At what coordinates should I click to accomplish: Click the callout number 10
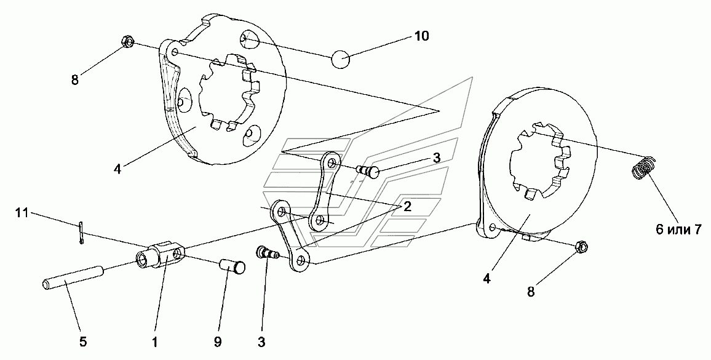tap(421, 36)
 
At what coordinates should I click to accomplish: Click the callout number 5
tap(82, 342)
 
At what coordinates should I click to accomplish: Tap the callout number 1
tap(154, 342)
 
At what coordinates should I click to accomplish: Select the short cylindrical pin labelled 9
tap(232, 266)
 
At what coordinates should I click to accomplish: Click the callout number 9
tap(218, 342)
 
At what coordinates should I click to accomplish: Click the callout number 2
tap(407, 207)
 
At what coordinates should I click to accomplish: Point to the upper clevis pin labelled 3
tap(370, 172)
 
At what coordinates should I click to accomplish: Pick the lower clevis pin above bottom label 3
tap(268, 252)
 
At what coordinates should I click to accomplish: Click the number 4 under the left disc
tap(117, 169)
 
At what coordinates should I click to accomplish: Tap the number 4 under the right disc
tap(487, 279)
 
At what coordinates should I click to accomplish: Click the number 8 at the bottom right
tap(531, 292)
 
